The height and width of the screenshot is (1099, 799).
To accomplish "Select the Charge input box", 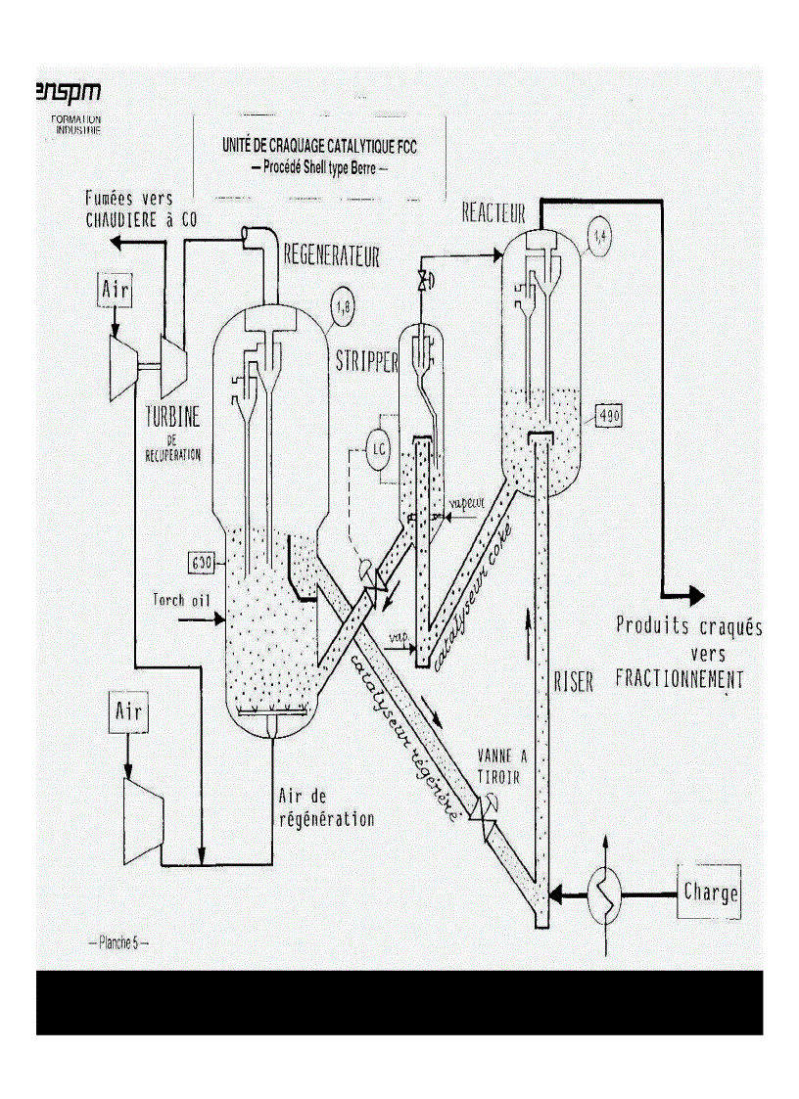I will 710,893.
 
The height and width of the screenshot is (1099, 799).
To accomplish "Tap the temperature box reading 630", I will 203,563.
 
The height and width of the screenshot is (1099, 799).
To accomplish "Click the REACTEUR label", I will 493,212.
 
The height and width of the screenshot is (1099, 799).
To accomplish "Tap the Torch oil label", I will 182,598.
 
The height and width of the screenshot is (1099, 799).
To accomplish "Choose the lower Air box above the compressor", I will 126,713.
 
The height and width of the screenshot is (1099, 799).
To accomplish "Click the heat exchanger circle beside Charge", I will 605,893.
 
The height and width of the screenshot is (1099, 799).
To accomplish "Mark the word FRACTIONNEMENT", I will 679,678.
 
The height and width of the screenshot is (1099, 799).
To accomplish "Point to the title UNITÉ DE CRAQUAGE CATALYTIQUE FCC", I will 320,149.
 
